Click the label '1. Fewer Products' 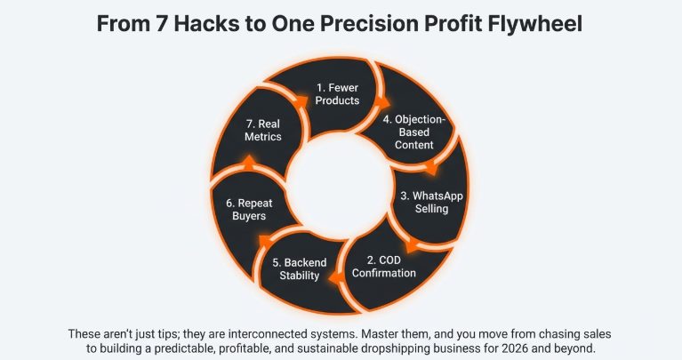click(x=338, y=94)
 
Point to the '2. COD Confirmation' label click(x=384, y=266)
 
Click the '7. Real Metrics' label click(x=263, y=131)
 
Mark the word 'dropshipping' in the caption click(x=407, y=348)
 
